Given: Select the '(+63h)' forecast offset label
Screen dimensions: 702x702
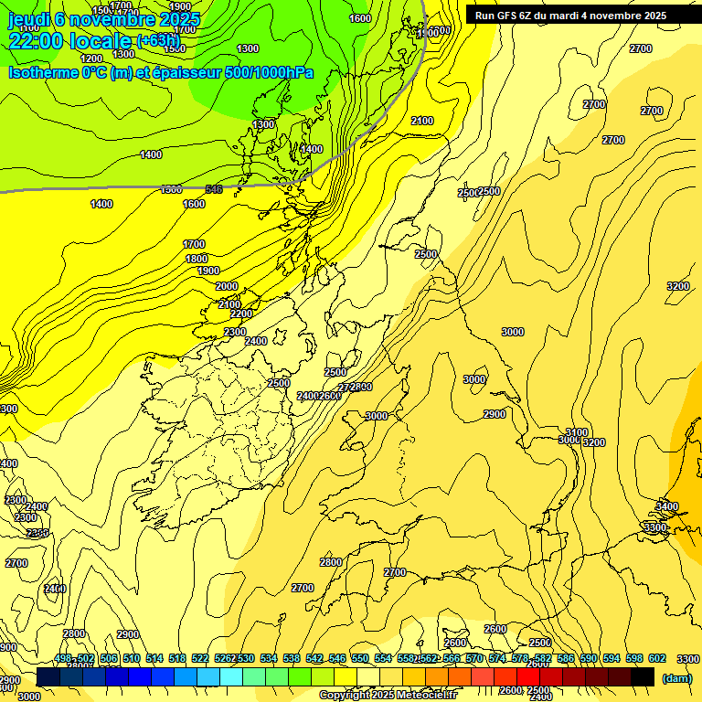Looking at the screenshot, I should click(158, 40).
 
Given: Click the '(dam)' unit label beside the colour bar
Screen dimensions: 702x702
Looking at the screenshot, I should click(676, 678).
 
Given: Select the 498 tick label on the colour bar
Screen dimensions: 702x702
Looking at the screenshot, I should click(63, 659).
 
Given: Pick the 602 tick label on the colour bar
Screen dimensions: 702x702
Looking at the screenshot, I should click(657, 659).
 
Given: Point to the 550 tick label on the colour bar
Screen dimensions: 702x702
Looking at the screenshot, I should click(360, 659).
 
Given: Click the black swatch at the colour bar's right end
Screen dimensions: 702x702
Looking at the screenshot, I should click(643, 677).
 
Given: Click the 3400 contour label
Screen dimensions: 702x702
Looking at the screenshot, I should click(667, 506).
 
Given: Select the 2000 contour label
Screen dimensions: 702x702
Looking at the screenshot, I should click(227, 286).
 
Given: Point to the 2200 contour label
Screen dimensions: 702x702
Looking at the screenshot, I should click(241, 314).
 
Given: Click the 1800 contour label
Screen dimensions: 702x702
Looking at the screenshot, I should click(197, 259).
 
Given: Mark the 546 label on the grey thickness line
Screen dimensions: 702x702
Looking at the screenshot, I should click(214, 189).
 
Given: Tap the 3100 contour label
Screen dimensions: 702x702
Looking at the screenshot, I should click(576, 431).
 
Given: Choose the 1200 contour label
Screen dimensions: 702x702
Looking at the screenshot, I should click(91, 58).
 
